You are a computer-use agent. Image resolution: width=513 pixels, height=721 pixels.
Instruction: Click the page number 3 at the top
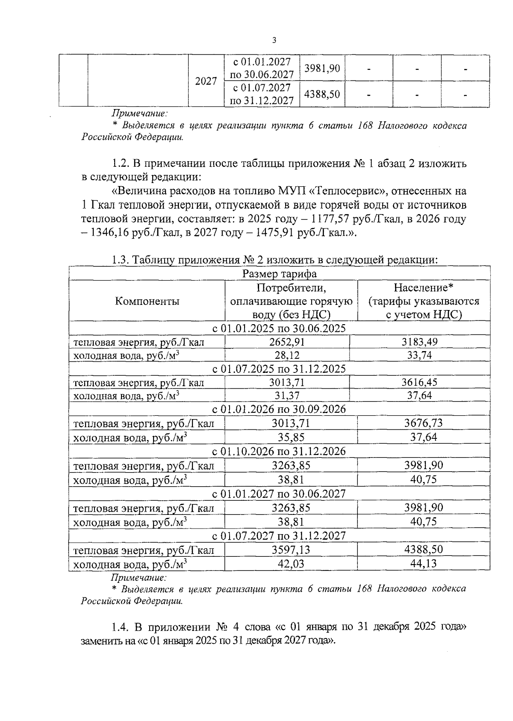[274, 40]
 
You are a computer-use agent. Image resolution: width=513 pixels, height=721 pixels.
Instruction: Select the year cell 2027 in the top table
[206, 81]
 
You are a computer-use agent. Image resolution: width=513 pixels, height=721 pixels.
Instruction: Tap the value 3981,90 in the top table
[322, 68]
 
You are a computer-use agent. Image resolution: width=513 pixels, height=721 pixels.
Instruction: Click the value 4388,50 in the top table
[322, 94]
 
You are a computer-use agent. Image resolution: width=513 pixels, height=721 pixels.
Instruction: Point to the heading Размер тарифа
[280, 273]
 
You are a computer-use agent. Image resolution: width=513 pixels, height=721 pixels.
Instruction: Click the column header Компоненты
[147, 301]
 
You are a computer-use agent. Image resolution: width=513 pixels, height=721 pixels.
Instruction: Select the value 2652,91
[287, 342]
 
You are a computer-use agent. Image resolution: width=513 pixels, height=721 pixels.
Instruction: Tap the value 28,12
[287, 355]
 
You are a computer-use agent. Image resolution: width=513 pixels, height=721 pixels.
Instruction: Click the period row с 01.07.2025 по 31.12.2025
[279, 369]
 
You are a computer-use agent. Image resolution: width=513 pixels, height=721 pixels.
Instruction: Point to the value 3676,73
[424, 423]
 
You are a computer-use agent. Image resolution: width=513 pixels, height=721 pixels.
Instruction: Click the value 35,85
[291, 437]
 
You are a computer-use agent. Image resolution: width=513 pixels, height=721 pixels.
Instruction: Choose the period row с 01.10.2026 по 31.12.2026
[279, 451]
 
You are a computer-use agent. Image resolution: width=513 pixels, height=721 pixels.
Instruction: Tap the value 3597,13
[291, 550]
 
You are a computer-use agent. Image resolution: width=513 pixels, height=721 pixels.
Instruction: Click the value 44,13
[424, 564]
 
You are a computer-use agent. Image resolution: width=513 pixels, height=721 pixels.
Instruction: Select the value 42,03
[291, 564]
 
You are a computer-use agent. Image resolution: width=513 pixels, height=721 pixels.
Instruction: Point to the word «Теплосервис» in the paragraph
[347, 191]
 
